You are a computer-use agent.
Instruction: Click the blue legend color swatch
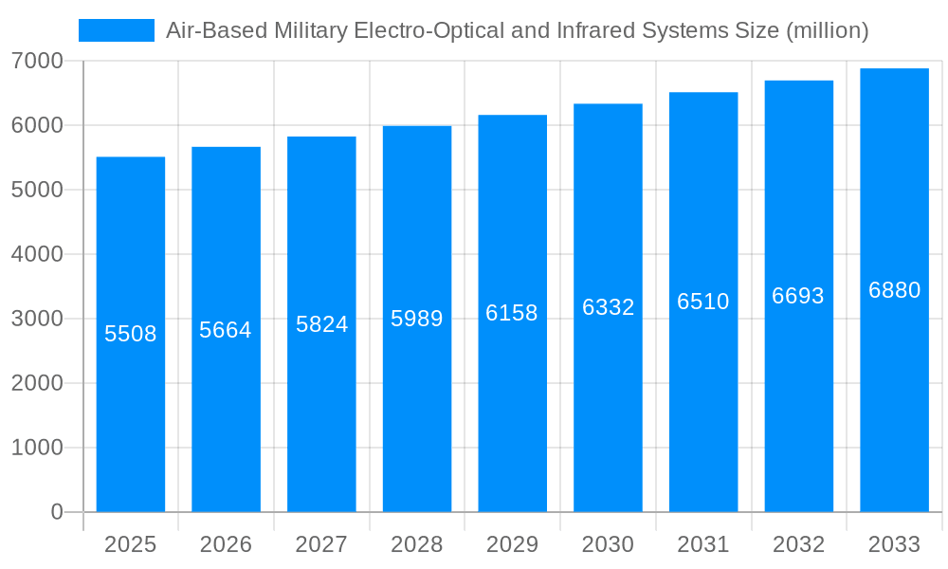[x=116, y=30]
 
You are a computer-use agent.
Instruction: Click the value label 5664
[x=226, y=330]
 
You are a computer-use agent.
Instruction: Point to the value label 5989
[x=417, y=319]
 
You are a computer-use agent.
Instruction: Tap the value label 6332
[x=608, y=307]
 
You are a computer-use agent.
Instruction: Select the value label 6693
[x=798, y=296]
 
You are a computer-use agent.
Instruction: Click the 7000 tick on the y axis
[x=37, y=61]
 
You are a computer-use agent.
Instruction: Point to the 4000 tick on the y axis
[x=37, y=254]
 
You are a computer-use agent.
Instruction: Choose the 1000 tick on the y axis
[x=37, y=448]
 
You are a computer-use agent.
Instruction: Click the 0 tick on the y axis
[x=56, y=512]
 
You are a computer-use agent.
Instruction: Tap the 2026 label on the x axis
[x=226, y=544]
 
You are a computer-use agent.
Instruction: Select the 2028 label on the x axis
[x=417, y=544]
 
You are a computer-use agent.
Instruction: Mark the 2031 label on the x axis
[x=703, y=544]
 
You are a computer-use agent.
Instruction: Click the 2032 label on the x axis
[x=798, y=544]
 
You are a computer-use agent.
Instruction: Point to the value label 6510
[x=703, y=302]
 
